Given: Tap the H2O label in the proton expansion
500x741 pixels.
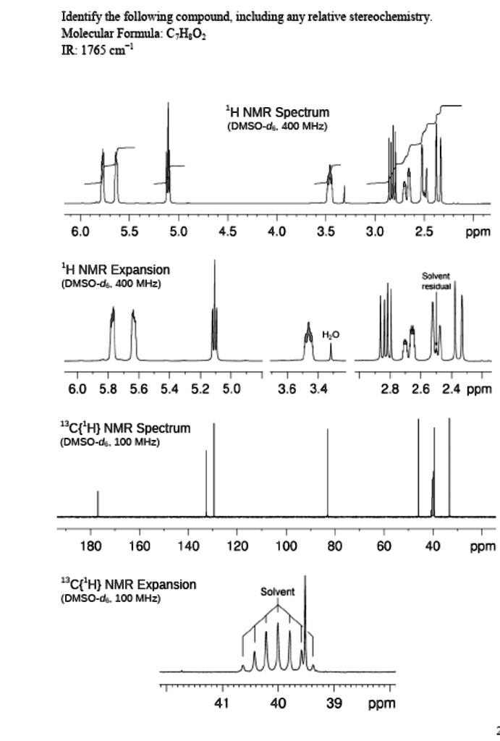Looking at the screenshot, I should click(x=331, y=334).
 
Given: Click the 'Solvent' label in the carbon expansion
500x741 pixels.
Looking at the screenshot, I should click(x=278, y=592).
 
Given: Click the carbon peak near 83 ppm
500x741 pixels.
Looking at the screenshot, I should click(x=327, y=470).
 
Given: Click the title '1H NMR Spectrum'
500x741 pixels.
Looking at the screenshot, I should click(x=277, y=112).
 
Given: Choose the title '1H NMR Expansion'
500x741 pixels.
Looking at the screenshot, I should click(x=116, y=270).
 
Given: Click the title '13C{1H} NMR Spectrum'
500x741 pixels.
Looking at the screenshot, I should click(x=124, y=428).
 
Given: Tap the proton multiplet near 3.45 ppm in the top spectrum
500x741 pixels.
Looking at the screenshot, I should click(x=329, y=177).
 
